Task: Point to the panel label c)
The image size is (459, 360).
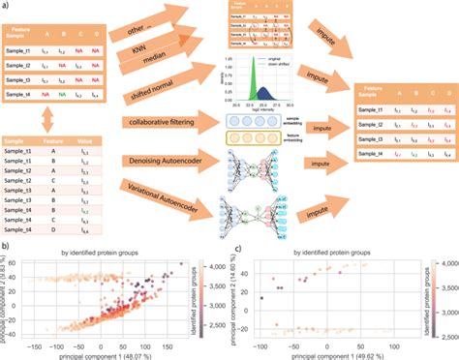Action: [240, 249]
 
